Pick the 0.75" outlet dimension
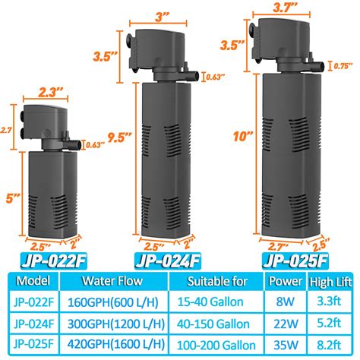343,65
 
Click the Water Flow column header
111,283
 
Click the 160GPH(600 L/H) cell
111,302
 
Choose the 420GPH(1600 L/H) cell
111,342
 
